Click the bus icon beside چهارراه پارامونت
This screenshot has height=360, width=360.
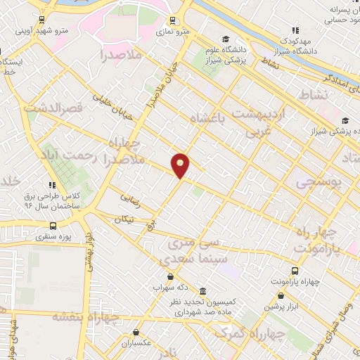(x=294, y=271)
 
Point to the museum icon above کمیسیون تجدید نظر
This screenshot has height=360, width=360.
(x=202, y=291)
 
